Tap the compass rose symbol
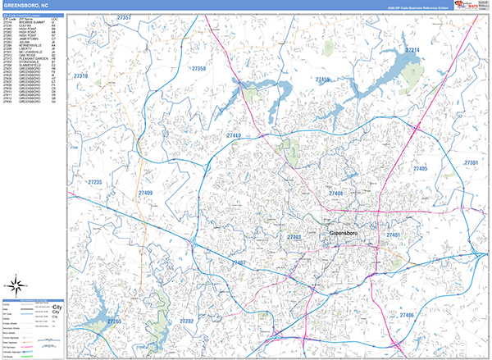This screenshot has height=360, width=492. click(x=16, y=285)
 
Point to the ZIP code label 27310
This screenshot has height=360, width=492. click(x=81, y=75)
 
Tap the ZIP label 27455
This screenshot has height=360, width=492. click(x=323, y=80)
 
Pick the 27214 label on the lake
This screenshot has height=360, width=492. click(x=412, y=51)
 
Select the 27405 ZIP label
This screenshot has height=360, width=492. click(x=421, y=168)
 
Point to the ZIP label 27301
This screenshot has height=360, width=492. click(x=471, y=163)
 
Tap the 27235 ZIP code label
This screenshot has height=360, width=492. click(x=94, y=182)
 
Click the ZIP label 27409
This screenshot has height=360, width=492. click(x=145, y=193)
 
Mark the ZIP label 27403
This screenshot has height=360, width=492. click(x=294, y=237)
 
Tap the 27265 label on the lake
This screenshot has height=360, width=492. click(x=114, y=321)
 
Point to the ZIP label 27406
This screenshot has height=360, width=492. click(x=407, y=315)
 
